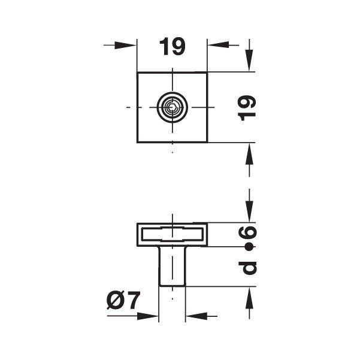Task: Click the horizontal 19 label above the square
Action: [173, 47]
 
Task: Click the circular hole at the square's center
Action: [173, 108]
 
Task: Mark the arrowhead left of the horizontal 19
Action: [127, 46]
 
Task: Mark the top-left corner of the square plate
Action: [138, 72]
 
